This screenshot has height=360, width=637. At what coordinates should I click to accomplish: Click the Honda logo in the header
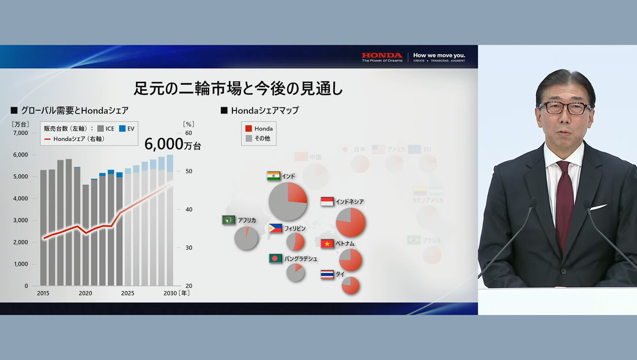382,55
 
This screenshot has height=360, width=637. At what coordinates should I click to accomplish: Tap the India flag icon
273,176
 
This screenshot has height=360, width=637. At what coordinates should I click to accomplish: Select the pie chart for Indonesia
350,222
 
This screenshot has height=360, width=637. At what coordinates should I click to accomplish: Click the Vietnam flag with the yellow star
327,244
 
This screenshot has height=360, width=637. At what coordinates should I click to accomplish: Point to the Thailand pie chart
350,285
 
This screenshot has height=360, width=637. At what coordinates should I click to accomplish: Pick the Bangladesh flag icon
275,259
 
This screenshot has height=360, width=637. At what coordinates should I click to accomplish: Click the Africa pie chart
246,238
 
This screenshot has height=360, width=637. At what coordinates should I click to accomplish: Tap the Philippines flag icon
275,228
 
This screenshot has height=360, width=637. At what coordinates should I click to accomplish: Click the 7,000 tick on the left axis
21,133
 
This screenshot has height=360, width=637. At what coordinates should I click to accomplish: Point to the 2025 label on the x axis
127,293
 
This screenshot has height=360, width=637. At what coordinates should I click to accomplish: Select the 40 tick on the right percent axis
189,210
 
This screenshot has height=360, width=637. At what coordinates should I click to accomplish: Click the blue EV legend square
122,129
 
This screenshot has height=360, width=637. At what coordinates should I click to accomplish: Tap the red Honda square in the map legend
248,129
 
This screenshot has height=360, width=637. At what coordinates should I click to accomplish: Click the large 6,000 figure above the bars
164,144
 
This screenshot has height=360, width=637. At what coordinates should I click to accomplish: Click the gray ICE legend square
101,129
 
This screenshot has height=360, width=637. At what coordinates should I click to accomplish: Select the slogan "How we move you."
439,55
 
